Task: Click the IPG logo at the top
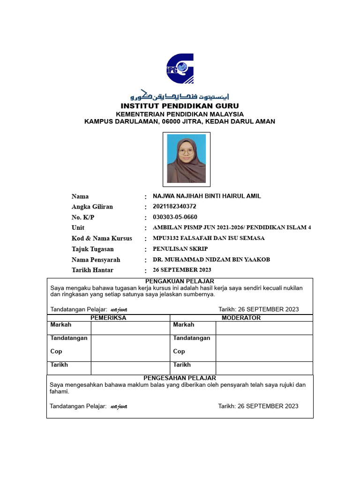[180, 68]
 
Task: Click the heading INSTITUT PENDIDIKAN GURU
[180, 106]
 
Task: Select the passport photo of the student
[186, 158]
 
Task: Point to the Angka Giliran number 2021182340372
[174, 207]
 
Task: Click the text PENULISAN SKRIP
[180, 249]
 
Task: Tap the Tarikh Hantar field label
[92, 270]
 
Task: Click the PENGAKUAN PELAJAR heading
[180, 281]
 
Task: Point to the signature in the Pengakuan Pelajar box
[119, 309]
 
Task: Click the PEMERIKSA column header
[108, 318]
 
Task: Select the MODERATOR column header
[243, 318]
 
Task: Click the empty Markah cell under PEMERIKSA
[130, 328]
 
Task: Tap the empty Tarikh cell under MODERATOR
[264, 368]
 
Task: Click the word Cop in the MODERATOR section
[179, 351]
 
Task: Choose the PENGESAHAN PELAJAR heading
[180, 378]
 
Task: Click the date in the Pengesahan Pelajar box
[258, 406]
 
